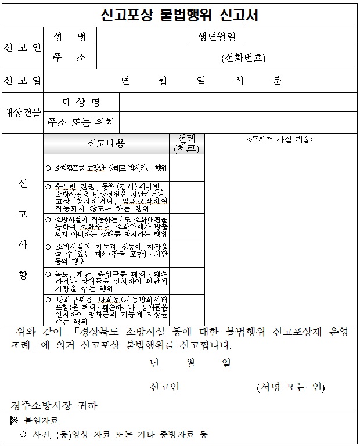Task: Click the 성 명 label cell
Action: point(69,38)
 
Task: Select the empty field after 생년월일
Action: point(300,38)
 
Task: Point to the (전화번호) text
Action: point(243,57)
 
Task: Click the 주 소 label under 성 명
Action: point(69,57)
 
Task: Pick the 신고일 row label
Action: point(22,80)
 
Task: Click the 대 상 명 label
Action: point(81,103)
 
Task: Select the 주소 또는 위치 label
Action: point(81,123)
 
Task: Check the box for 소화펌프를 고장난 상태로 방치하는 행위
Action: point(186,168)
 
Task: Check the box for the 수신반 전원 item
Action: point(186,197)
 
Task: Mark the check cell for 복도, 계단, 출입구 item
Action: point(186,281)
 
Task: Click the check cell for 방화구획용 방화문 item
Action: point(186,309)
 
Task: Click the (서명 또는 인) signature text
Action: point(290,387)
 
